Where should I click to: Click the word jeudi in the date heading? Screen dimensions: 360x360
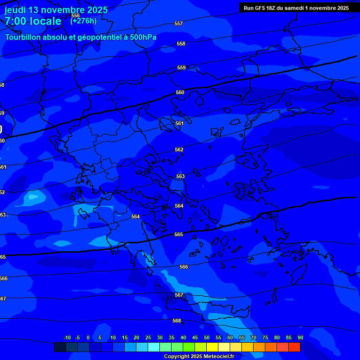point(15,10)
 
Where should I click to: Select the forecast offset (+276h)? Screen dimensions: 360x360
point(83,21)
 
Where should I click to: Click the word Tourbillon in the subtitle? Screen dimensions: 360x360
point(23,37)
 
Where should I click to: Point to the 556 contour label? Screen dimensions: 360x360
point(75,15)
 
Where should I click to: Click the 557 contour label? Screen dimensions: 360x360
point(179,23)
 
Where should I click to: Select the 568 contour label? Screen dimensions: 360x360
point(177,321)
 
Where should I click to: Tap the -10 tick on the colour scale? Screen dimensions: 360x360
point(67,338)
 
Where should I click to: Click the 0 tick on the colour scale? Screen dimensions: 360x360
point(88,338)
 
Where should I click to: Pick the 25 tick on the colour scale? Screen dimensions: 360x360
point(148,338)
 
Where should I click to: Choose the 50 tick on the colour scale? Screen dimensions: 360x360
point(207,338)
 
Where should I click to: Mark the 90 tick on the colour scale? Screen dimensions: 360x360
point(300,338)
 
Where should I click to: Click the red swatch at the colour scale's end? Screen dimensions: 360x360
point(294,347)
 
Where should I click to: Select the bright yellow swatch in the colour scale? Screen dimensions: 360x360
point(212,347)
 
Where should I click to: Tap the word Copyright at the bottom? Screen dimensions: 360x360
point(177,357)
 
